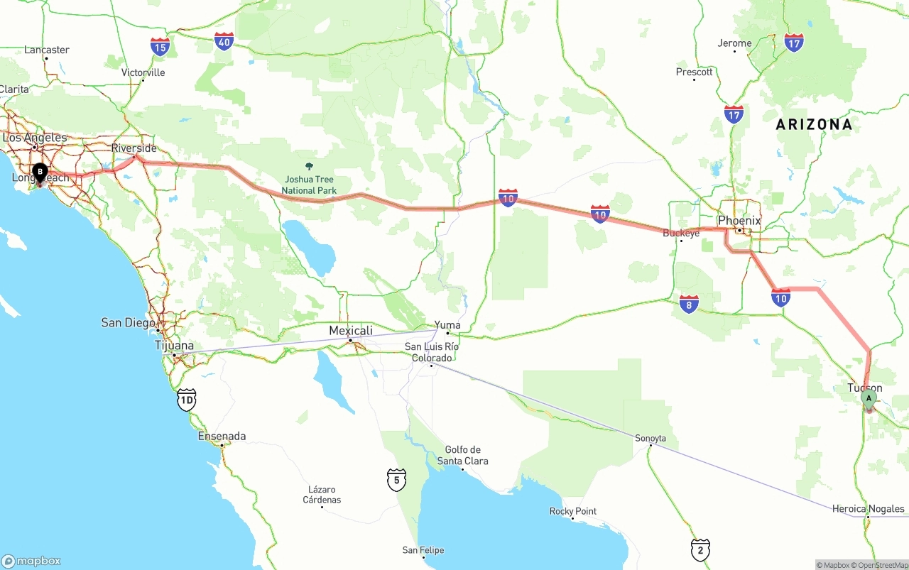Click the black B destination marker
40,172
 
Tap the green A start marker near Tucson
869,399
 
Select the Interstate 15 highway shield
160,47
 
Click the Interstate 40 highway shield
224,41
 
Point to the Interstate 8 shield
689,304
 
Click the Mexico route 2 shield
700,549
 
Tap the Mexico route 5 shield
396,479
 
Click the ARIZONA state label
814,125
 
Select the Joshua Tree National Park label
309,185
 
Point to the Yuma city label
447,325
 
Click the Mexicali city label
351,331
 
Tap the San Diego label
129,323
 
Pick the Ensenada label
222,437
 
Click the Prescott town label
694,72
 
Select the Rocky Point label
573,511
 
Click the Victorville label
143,72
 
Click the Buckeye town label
681,233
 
